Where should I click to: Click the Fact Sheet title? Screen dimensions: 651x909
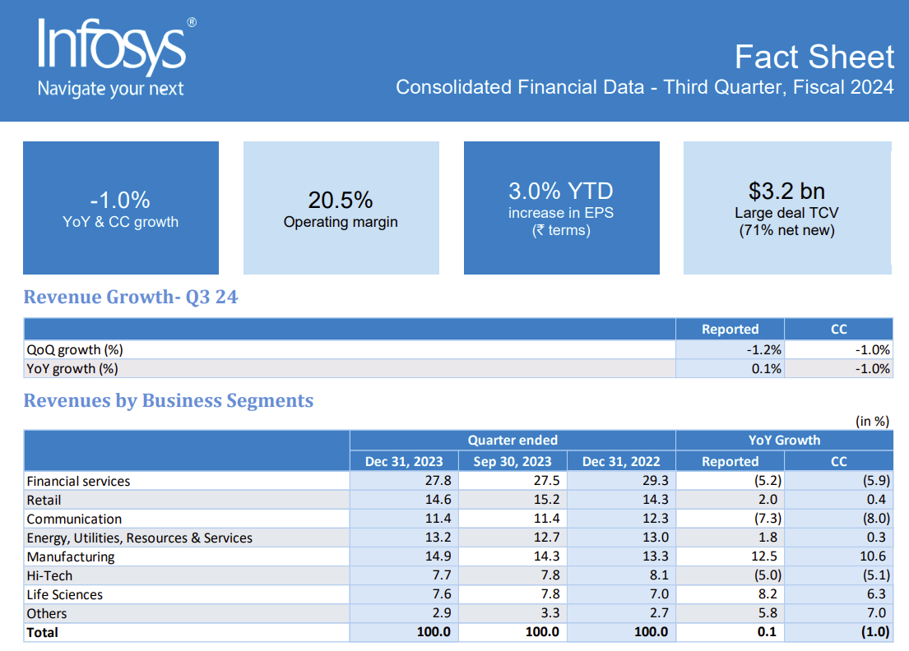pos(814,57)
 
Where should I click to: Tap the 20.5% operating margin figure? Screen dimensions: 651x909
pos(341,200)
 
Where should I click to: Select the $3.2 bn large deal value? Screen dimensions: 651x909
pos(786,191)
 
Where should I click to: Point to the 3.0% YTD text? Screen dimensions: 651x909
pos(561,192)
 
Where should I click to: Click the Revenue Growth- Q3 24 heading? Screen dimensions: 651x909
pos(131,298)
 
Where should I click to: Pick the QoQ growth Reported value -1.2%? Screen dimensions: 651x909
pos(764,349)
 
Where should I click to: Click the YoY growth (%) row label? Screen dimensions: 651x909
pos(72,368)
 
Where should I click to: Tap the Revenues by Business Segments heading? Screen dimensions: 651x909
pos(169,401)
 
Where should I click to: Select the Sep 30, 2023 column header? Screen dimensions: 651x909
pos(512,461)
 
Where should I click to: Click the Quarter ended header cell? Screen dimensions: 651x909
pos(512,440)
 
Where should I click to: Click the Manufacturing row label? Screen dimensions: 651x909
pos(71,556)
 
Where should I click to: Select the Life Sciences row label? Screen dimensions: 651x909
pos(65,594)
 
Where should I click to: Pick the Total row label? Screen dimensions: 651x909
pos(43,632)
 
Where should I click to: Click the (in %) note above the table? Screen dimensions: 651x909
pos(872,421)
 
